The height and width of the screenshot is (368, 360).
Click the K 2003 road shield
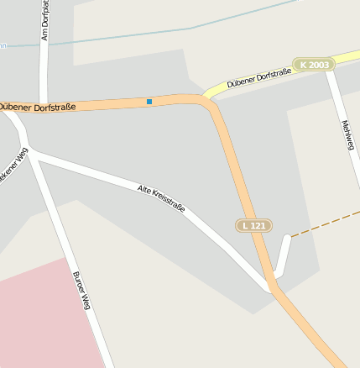point(313,64)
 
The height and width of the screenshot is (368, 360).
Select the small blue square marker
point(149,102)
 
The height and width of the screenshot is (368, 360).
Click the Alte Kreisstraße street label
point(161,197)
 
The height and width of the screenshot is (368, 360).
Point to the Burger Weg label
point(81,292)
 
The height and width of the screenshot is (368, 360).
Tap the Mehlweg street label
point(347,134)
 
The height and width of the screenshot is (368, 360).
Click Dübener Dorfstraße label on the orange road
point(38,107)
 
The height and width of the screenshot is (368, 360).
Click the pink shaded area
point(42,319)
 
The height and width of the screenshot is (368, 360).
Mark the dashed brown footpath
point(323,223)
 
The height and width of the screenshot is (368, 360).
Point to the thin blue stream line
point(168,32)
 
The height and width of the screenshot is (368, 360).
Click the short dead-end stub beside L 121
point(284,252)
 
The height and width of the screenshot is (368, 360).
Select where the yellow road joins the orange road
point(206,96)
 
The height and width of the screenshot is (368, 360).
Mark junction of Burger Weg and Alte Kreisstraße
point(31,153)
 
